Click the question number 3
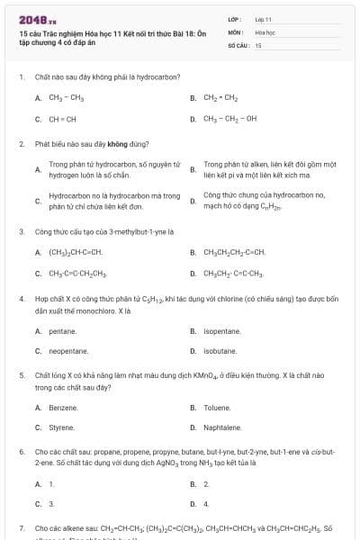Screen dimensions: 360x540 tap(22, 231)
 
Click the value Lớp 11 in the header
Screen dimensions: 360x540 tap(263, 19)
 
